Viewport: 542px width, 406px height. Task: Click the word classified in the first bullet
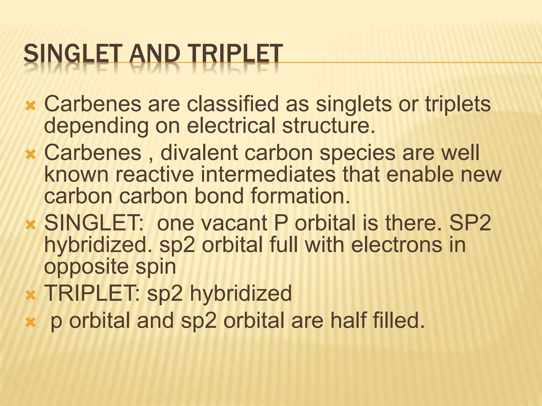pos(233,104)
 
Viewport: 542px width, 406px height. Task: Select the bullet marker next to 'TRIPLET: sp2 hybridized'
pos(30,295)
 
